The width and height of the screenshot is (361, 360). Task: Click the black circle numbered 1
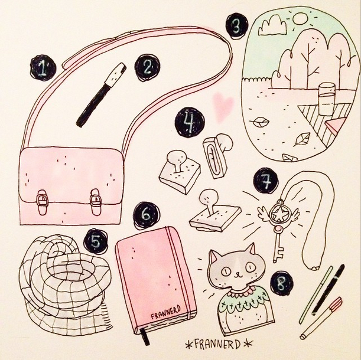coord(43,68)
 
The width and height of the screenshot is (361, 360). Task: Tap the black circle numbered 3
coord(237,27)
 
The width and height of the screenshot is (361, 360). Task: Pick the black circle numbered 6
coord(147,215)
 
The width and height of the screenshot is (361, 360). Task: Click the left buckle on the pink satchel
coord(42,202)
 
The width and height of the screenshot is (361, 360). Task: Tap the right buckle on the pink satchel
coord(95,202)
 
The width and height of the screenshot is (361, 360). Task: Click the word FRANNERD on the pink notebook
coord(165,312)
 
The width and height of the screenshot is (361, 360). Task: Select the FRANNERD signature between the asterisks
coord(218,344)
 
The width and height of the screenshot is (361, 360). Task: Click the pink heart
coord(223,106)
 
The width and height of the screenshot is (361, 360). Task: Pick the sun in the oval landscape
coord(300,18)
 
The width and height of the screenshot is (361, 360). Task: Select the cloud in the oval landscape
coord(272,27)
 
